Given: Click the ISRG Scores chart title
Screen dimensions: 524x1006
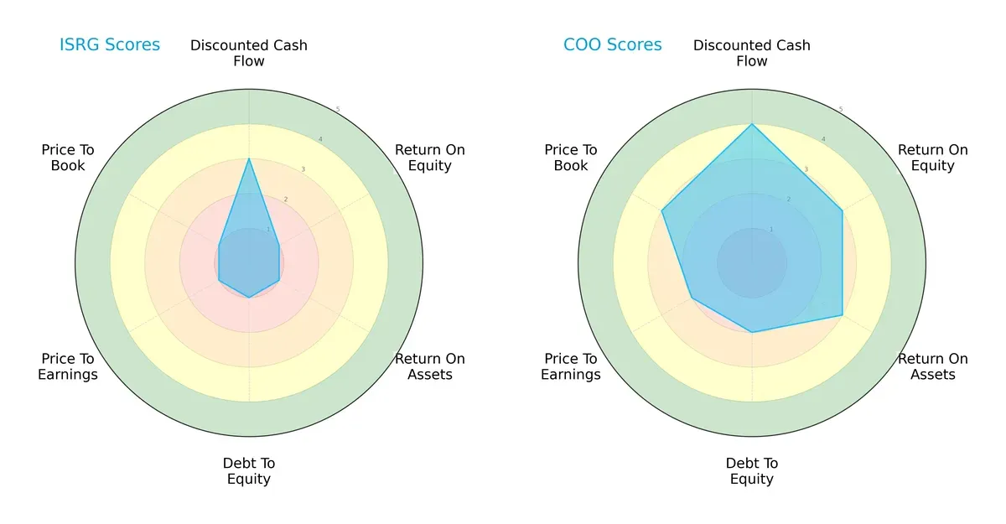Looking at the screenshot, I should pos(109,45).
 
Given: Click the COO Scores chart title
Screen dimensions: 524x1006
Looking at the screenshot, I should pos(612,45).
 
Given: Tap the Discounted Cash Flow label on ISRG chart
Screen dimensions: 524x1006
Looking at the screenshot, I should pos(249,53).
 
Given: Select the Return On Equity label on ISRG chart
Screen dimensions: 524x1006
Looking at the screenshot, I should pos(430,158).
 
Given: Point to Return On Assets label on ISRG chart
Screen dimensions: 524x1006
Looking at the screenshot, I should pos(430,366).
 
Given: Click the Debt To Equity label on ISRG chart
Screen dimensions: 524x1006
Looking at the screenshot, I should pos(249,471).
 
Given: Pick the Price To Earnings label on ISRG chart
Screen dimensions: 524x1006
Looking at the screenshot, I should pos(68,366).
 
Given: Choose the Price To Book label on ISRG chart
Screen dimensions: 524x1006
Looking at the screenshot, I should pos(68,158).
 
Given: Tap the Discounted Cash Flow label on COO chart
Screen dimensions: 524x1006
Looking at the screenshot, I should pos(752,53).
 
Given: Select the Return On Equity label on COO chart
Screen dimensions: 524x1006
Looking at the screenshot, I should pos(933,158).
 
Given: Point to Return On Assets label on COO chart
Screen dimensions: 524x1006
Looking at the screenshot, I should pos(933,366).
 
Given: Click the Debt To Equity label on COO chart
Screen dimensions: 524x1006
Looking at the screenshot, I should pos(752,471).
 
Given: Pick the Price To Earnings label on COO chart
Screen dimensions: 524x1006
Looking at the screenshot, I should pos(571,366).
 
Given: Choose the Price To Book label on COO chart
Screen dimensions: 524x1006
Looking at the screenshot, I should pos(571,158).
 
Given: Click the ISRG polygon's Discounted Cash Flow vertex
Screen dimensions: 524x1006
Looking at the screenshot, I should pos(249,158).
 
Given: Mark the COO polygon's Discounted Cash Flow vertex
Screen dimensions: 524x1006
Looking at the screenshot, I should pos(752,124).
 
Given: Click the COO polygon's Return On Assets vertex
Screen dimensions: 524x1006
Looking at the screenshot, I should pos(843,316).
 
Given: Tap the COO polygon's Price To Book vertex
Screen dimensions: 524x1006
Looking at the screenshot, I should pos(662,211).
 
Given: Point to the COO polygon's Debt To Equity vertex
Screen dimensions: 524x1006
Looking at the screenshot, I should pos(752,332).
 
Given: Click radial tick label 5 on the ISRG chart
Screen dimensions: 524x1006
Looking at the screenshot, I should pos(338,110).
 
